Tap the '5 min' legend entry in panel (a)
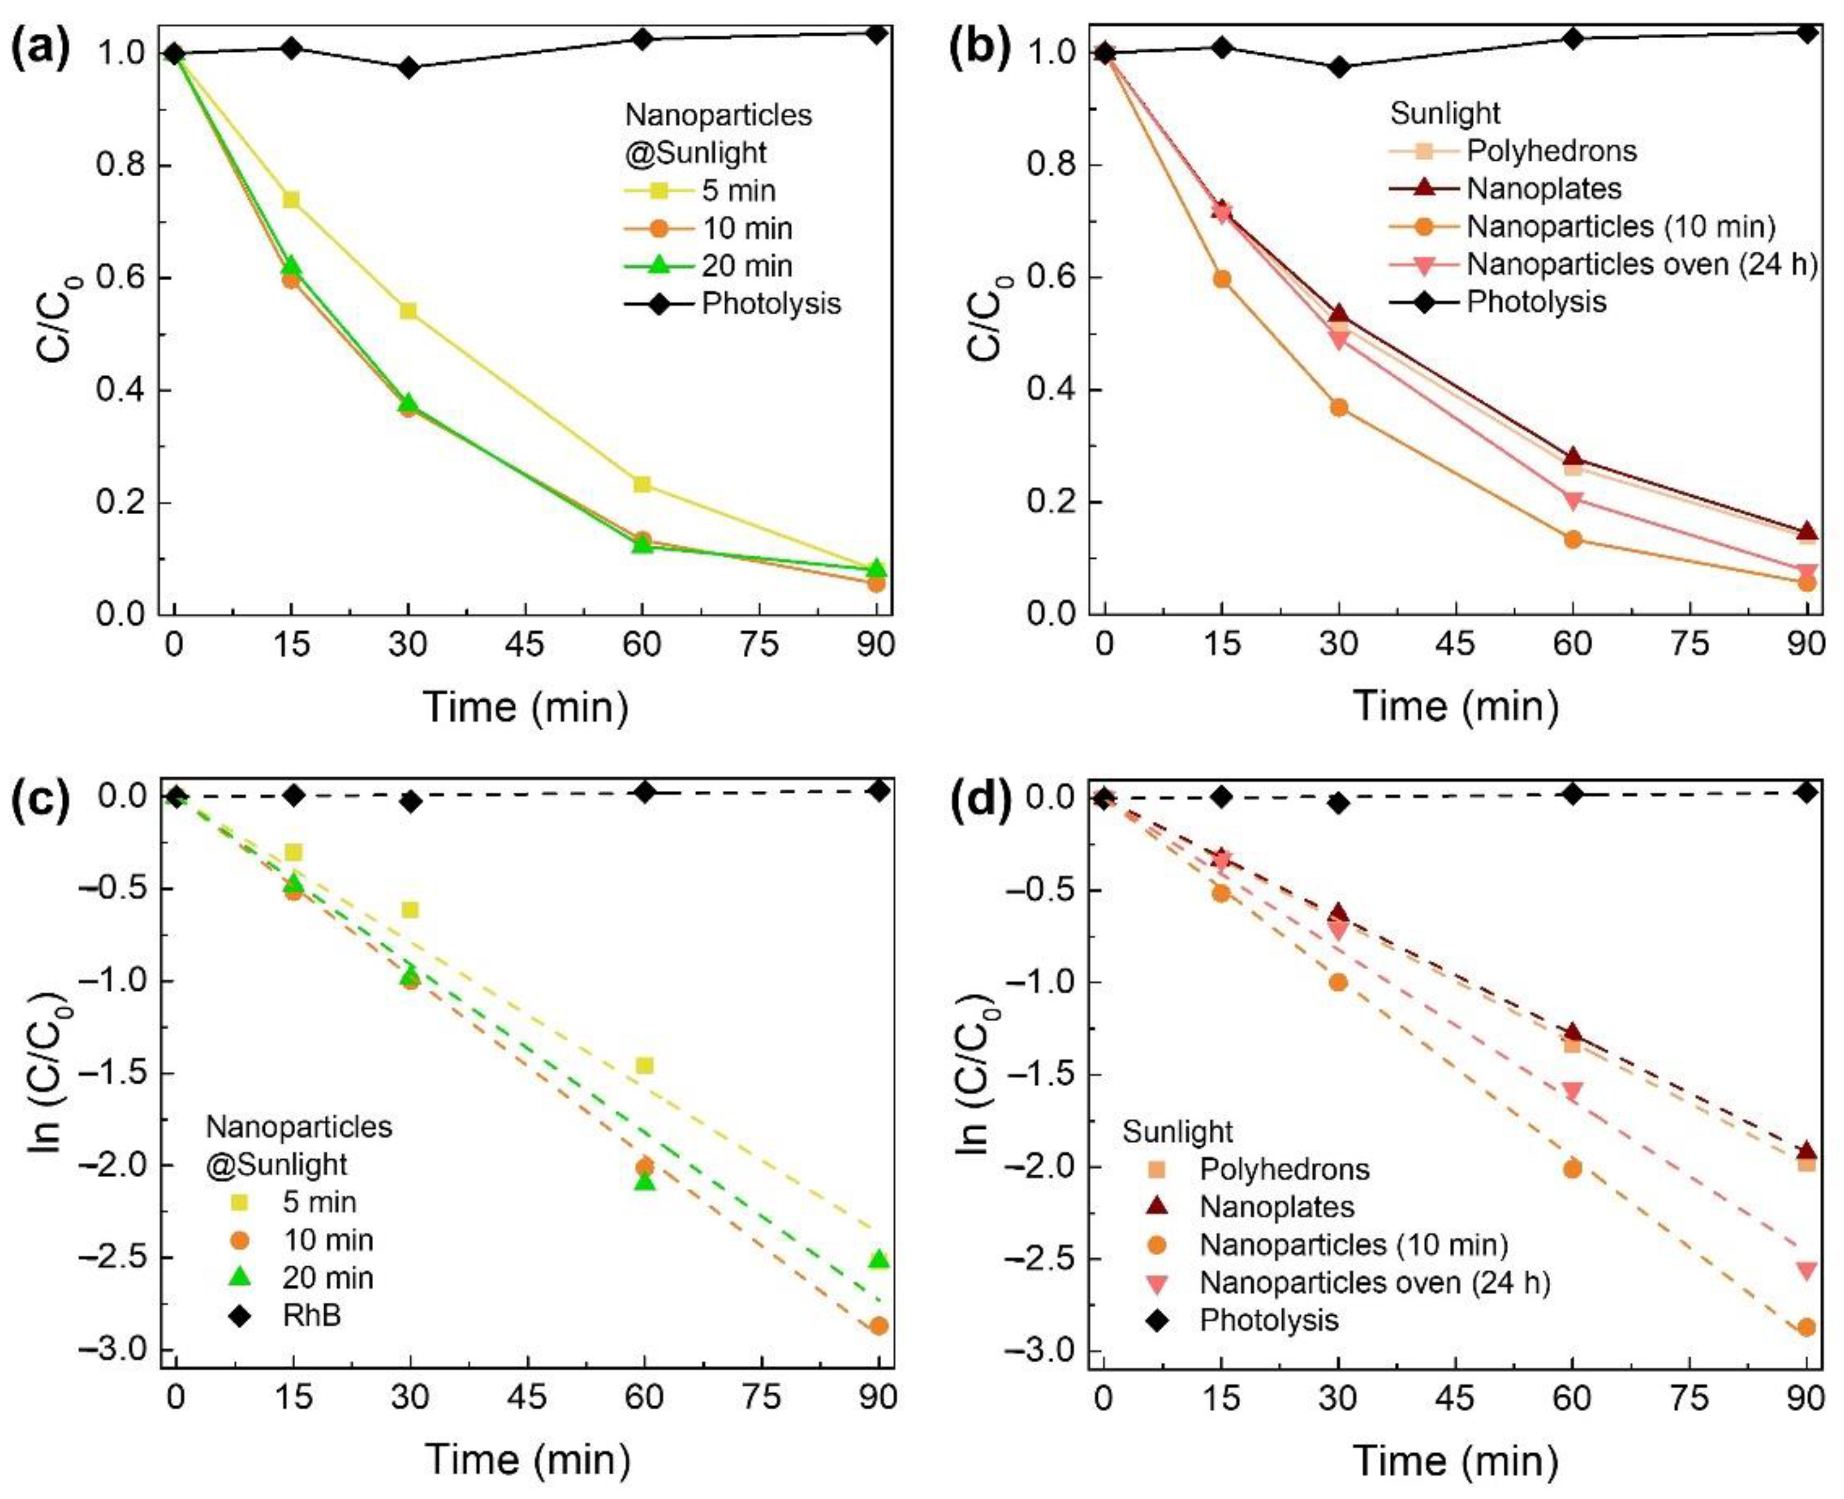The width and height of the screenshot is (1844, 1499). (738, 191)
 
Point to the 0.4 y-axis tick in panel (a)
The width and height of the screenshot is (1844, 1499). (121, 390)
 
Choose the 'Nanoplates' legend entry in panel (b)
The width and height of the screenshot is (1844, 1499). (1544, 188)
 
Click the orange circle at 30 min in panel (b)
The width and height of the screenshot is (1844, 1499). (1338, 408)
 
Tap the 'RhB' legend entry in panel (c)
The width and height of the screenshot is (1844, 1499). (312, 1316)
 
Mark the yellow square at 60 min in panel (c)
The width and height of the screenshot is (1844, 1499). (644, 1066)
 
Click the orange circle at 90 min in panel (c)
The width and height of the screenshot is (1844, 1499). (878, 1325)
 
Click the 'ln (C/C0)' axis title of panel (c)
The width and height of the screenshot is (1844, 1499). (48, 1075)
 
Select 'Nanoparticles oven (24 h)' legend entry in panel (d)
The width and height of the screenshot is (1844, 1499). (1375, 1283)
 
